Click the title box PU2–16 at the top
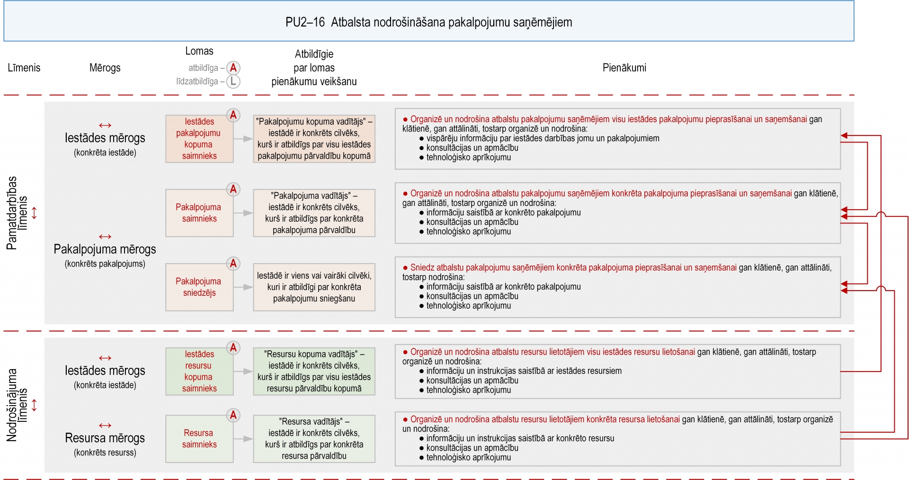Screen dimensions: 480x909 click(428, 22)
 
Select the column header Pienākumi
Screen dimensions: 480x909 click(624, 68)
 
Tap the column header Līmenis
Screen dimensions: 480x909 click(24, 68)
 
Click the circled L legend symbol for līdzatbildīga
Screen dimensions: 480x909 click(233, 81)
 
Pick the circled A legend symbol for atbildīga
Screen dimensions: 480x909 click(233, 68)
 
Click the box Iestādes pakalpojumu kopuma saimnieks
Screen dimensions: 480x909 click(199, 139)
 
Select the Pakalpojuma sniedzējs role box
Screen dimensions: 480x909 click(199, 287)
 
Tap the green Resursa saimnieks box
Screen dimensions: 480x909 click(199, 438)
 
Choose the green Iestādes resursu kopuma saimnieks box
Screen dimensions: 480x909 click(199, 371)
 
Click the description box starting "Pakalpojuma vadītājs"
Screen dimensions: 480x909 click(314, 213)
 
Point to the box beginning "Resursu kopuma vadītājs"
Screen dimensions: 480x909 click(314, 371)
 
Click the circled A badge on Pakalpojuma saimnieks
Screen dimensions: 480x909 click(233, 189)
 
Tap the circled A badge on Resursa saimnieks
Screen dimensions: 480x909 click(233, 415)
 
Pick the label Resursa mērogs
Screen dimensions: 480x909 click(105, 438)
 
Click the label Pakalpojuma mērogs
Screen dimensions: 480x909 click(105, 249)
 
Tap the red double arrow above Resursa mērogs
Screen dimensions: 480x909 click(105, 426)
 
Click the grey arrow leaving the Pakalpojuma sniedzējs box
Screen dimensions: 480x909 click(243, 287)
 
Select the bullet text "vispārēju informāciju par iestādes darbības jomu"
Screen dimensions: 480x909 click(543, 138)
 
